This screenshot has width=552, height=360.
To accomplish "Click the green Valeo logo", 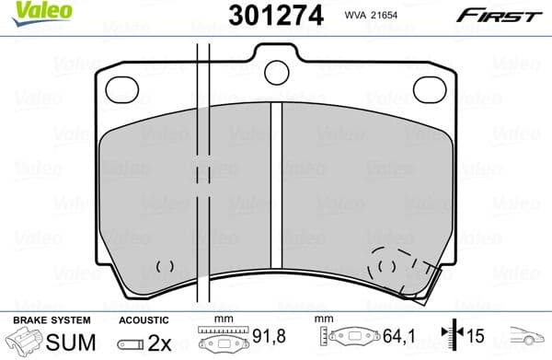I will pos(35,11).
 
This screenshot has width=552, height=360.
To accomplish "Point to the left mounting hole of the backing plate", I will pos(122,88).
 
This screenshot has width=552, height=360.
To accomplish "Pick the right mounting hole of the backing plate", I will pos(429,88).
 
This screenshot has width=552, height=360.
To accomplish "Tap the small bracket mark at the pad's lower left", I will pos(166,266).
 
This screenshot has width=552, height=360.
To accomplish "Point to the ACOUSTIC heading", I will pos(144,319).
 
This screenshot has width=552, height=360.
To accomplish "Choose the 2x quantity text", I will pos(155,342).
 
